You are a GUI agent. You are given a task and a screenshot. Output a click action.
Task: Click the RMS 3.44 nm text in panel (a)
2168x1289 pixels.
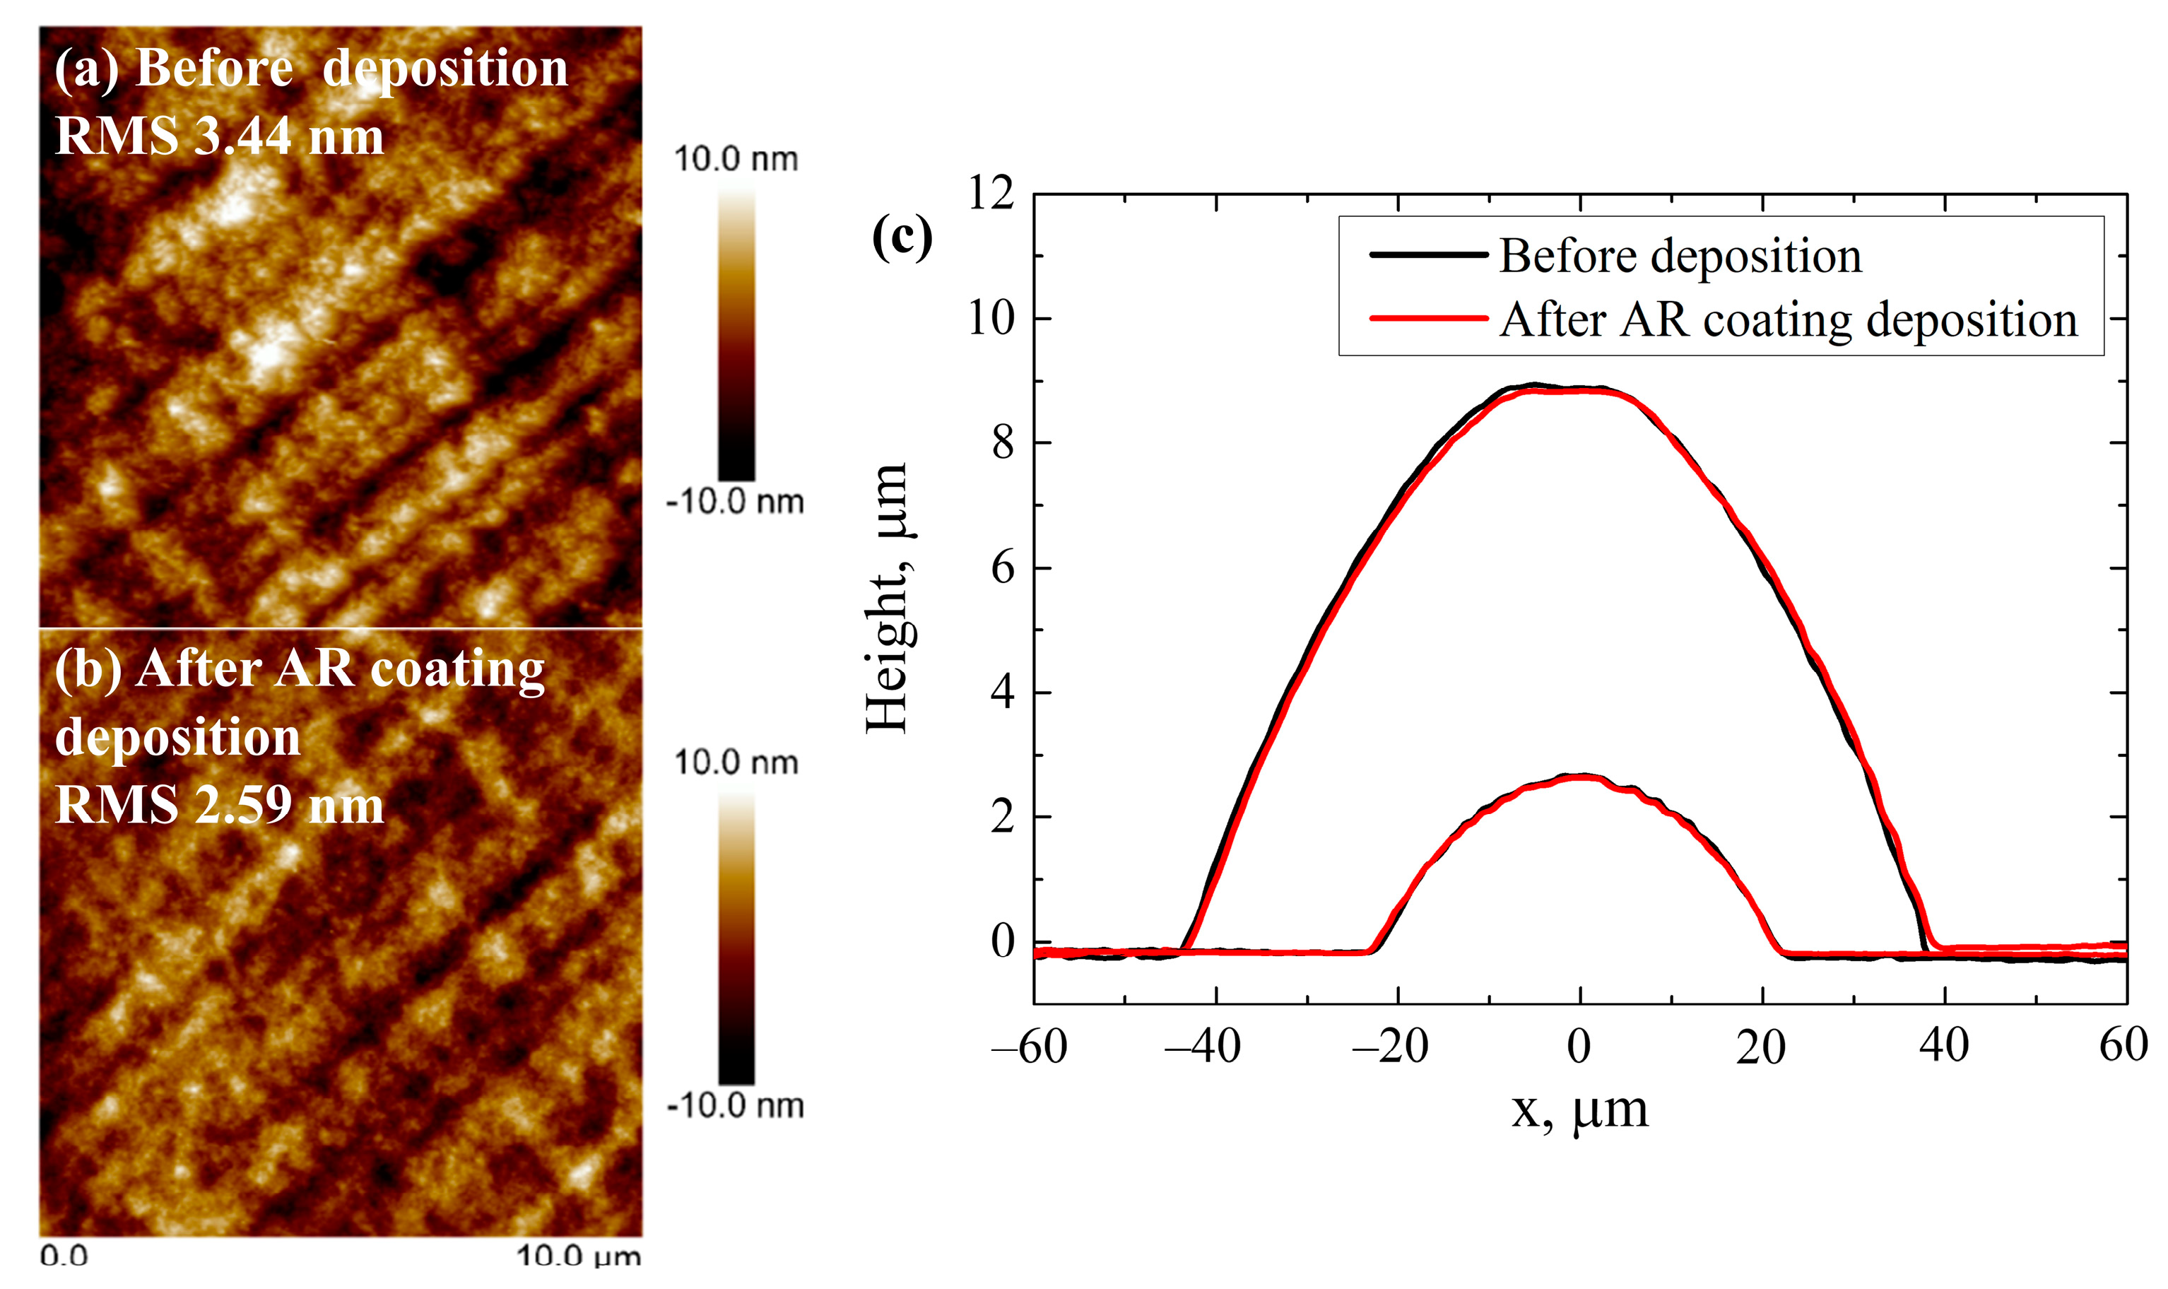pyautogui.click(x=219, y=136)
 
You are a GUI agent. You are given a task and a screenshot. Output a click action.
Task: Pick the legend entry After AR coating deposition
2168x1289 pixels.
pyautogui.click(x=1788, y=319)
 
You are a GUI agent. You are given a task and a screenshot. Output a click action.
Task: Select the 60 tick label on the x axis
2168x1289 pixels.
pyautogui.click(x=2122, y=1045)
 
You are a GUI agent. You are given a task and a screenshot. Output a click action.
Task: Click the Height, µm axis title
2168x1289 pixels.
pyautogui.click(x=888, y=599)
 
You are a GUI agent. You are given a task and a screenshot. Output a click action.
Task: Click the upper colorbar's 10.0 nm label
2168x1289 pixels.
pyautogui.click(x=735, y=160)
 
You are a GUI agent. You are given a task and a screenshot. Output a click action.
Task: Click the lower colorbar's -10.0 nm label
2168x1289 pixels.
pyautogui.click(x=735, y=1106)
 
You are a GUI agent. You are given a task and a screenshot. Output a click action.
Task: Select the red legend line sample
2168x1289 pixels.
pyautogui.click(x=1428, y=319)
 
